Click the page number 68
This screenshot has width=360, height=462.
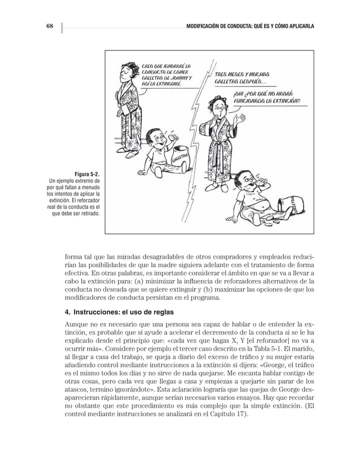49,27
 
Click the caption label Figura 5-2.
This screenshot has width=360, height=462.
86,173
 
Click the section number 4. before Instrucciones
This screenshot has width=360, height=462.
68,312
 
